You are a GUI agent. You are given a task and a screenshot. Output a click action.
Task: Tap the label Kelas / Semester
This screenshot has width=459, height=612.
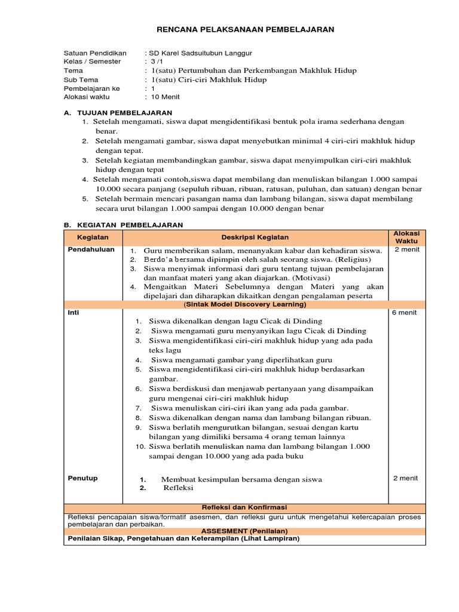click(92, 62)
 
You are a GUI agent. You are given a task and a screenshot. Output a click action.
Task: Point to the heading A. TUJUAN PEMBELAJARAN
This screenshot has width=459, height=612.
click(118, 112)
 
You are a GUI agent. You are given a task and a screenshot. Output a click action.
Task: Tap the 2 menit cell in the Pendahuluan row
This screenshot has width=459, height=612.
click(406, 250)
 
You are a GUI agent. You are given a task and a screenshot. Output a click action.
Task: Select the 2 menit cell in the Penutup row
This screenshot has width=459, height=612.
click(406, 479)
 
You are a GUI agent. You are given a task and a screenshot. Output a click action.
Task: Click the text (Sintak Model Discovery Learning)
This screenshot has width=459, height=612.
click(244, 304)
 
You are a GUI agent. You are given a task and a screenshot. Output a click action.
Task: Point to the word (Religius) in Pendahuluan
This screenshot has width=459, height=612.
click(353, 260)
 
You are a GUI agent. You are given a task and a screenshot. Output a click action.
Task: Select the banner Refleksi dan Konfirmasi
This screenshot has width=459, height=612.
click(244, 507)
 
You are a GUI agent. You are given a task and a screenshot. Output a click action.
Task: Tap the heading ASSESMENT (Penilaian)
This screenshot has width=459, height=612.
click(244, 530)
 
